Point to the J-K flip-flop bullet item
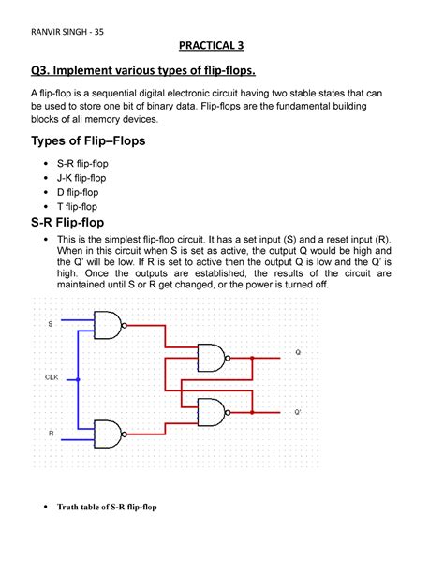81,176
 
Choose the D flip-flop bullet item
76,190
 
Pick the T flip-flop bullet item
75,205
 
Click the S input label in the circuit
50,324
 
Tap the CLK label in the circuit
52,377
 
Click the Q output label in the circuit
298,353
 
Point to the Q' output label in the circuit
299,412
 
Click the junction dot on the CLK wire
79,379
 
